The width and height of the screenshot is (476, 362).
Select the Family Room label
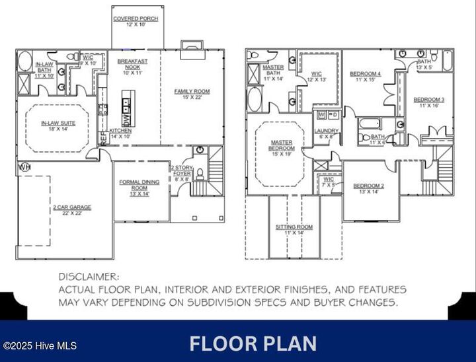click(192, 93)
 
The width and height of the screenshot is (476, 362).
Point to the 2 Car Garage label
click(72, 209)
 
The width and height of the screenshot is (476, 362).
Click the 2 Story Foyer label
click(181, 172)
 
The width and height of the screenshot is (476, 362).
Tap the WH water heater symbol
click(25, 166)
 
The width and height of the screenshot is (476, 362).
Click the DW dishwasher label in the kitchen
click(126, 120)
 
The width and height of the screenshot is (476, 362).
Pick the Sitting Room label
click(294, 229)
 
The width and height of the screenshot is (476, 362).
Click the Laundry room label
click(327, 133)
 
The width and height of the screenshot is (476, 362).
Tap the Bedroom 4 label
click(365, 76)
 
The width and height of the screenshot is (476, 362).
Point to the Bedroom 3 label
click(429, 102)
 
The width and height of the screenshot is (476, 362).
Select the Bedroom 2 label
click(369, 188)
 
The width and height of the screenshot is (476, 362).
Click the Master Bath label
click(272, 71)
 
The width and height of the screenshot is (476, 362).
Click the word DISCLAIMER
click(88, 277)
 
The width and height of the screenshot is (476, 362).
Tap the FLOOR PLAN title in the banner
click(253, 344)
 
